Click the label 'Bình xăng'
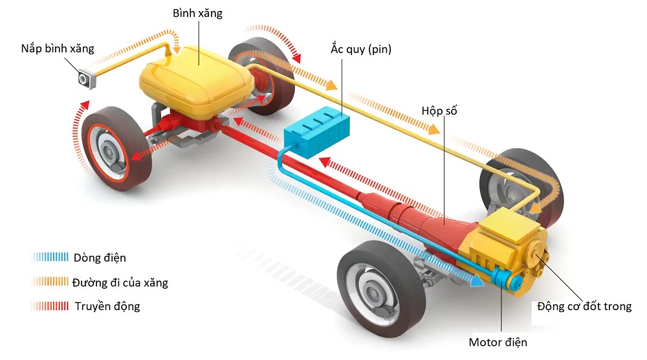click(x=197, y=13)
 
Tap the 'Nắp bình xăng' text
click(x=57, y=49)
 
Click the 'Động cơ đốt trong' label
click(x=584, y=306)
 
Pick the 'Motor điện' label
click(x=502, y=341)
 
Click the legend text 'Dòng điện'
click(x=100, y=258)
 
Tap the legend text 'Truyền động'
click(x=107, y=306)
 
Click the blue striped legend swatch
click(x=50, y=258)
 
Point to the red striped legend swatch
click(x=50, y=306)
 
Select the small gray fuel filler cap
click(x=87, y=79)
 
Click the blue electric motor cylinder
click(x=502, y=280)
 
